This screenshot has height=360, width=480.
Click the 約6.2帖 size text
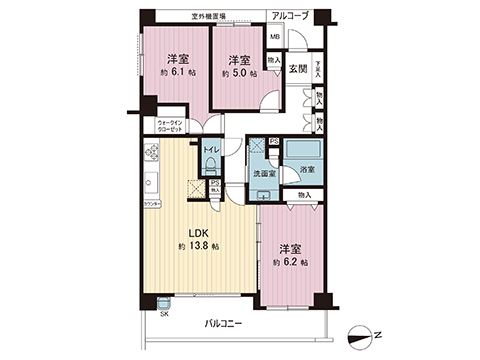[x=290, y=261]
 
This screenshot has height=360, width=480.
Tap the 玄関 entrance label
[x=297, y=68]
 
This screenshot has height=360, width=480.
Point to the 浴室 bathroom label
[x=306, y=172]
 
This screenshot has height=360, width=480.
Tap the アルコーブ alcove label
[x=290, y=16]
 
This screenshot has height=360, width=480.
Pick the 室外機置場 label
[x=209, y=16]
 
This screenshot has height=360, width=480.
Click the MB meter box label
[x=274, y=43]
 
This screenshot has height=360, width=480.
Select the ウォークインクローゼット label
[x=169, y=127]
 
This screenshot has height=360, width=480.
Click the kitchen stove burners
[x=154, y=153]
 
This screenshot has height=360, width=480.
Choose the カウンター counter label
[x=152, y=204]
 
